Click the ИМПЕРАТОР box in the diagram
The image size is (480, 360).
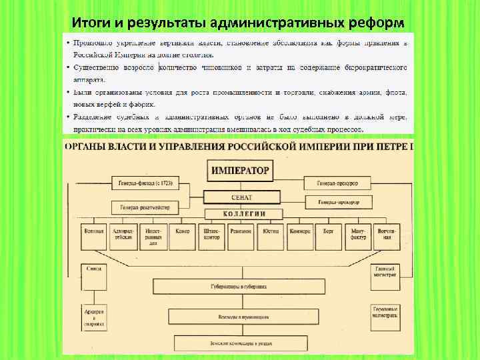click(x=240, y=171)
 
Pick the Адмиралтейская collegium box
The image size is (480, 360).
click(x=124, y=235)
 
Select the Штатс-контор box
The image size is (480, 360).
click(x=213, y=235)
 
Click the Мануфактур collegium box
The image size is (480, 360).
click(x=357, y=235)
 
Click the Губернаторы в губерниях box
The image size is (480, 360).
click(x=241, y=287)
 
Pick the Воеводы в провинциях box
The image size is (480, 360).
click(x=241, y=318)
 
